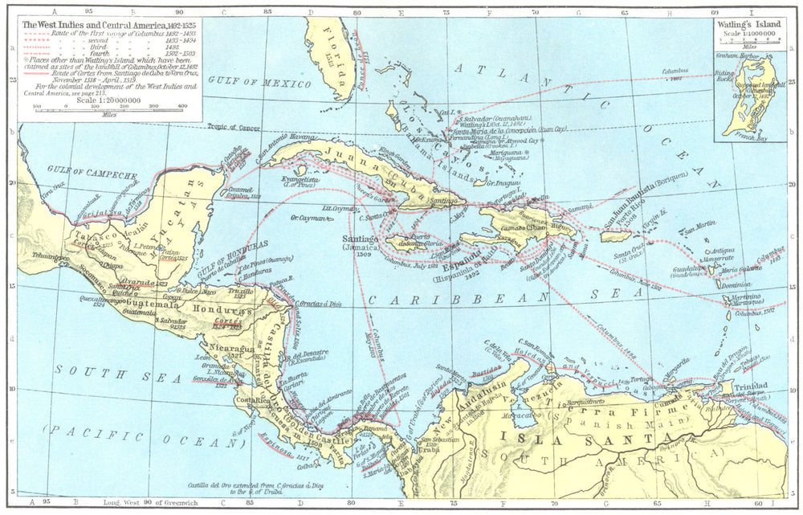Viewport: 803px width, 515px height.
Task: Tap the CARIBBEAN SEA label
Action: (x=480, y=296)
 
